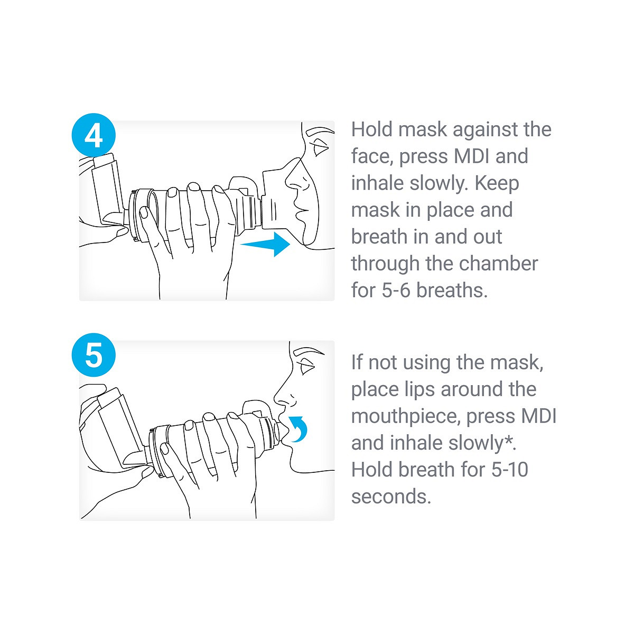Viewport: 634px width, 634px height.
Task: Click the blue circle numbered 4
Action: tap(94, 135)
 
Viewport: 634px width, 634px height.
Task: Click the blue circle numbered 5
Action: tap(94, 355)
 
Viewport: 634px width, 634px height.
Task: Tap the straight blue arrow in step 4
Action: tap(265, 244)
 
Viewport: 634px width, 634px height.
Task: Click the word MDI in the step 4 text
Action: tap(472, 156)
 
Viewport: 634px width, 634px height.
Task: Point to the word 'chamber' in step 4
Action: tap(498, 264)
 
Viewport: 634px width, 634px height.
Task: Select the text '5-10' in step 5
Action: tap(510, 469)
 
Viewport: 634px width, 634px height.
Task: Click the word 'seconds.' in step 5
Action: tap(391, 497)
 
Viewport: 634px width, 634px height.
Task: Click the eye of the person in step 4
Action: tap(320, 147)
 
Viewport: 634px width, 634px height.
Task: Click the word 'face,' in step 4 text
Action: tap(372, 156)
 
